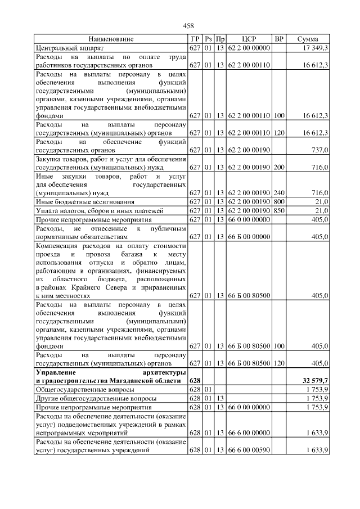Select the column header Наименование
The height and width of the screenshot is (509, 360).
(x=111, y=39)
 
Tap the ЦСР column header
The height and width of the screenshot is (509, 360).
(x=249, y=39)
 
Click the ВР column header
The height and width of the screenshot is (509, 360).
(x=278, y=39)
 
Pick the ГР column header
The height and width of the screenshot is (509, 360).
(x=195, y=39)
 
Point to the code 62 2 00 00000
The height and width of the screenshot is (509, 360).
(x=249, y=48)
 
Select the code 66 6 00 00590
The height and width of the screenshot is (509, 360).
(x=249, y=451)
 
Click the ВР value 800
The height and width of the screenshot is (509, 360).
(x=278, y=201)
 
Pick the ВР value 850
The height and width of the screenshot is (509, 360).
(x=278, y=210)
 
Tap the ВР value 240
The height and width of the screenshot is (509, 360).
(x=278, y=192)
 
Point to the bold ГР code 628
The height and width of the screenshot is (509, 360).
(x=195, y=381)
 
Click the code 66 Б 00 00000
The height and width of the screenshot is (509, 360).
(x=249, y=237)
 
